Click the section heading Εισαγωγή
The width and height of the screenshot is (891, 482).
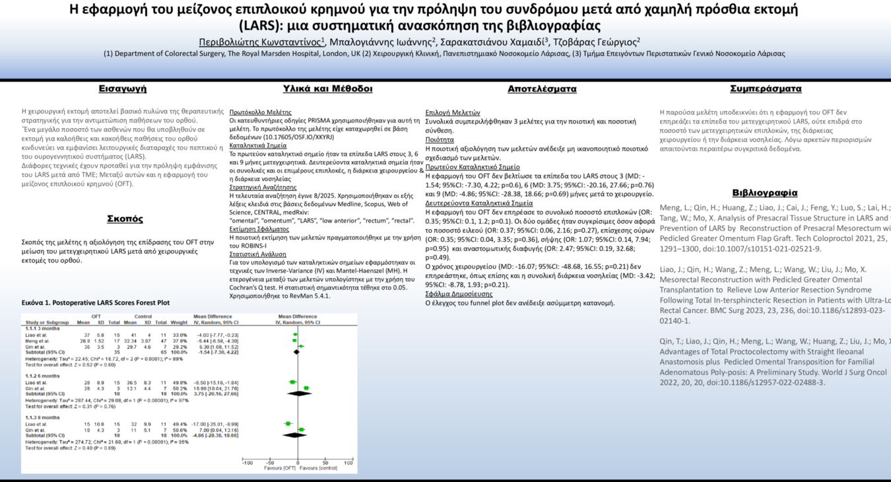[x=123, y=88]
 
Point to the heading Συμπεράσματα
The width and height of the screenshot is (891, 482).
[x=766, y=88]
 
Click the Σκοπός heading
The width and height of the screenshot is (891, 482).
[x=125, y=219]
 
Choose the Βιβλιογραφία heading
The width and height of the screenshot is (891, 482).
[x=765, y=193]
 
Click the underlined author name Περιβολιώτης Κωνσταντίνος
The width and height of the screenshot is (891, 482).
[x=260, y=42]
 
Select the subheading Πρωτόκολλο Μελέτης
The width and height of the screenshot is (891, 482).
[x=260, y=112]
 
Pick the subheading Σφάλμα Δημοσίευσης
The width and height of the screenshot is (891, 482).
[x=459, y=294]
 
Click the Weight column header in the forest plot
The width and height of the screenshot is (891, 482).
[x=179, y=322]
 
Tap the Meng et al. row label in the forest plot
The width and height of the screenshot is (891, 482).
[x=38, y=341]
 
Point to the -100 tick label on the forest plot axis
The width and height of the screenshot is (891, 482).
[x=247, y=463]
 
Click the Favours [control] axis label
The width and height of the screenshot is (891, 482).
[x=319, y=468]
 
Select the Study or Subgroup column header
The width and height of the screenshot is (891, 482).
[x=46, y=322]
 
